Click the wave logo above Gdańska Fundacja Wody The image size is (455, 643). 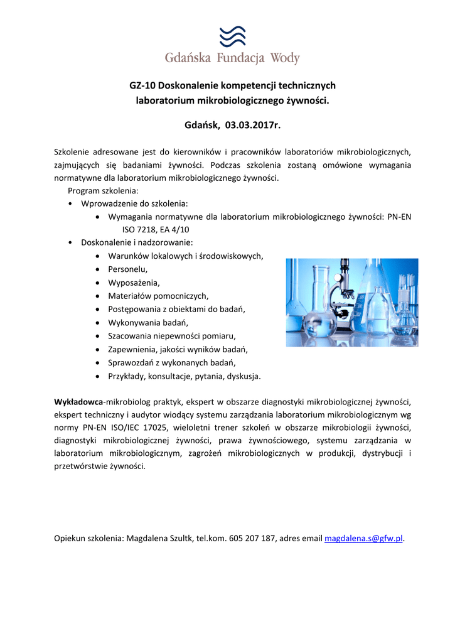pyautogui.click(x=232, y=36)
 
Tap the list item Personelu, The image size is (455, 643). pyautogui.click(x=128, y=269)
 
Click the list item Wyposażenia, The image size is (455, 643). pyautogui.click(x=134, y=283)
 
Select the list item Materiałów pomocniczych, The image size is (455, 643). pyautogui.click(x=158, y=296)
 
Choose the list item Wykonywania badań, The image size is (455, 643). pyautogui.click(x=148, y=323)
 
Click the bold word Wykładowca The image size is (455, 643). pyautogui.click(x=78, y=401)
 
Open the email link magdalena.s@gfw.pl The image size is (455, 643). pyautogui.click(x=363, y=538)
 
